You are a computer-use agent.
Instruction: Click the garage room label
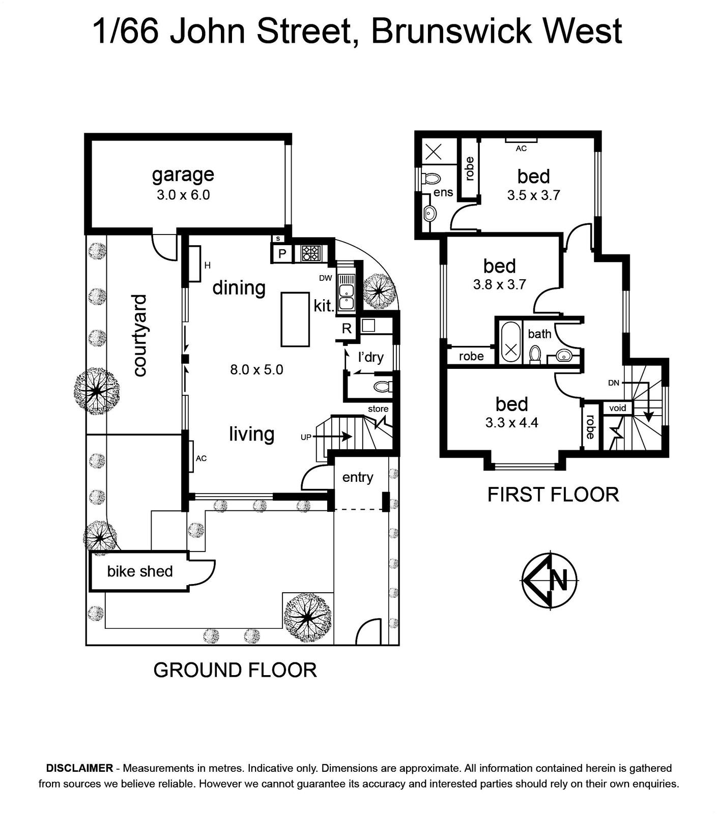point(183,175)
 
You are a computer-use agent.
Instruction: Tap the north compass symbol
point(550,580)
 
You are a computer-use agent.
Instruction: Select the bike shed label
point(140,571)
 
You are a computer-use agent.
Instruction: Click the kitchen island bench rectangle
point(295,319)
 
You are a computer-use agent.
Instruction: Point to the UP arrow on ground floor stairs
point(333,437)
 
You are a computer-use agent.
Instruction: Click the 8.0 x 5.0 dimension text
point(256,369)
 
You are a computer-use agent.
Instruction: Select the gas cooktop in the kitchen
point(310,253)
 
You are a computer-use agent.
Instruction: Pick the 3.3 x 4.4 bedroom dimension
point(511,422)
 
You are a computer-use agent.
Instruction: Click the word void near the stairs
point(618,408)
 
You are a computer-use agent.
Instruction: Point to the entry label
point(358,477)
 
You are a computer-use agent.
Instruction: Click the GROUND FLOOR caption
point(235,670)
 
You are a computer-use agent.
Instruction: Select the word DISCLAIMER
point(79,768)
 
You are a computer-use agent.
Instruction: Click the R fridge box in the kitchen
point(347,329)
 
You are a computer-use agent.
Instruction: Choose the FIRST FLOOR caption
point(553,495)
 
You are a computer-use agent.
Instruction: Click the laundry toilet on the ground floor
point(383,386)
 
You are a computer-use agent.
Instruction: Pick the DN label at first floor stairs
point(614,383)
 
